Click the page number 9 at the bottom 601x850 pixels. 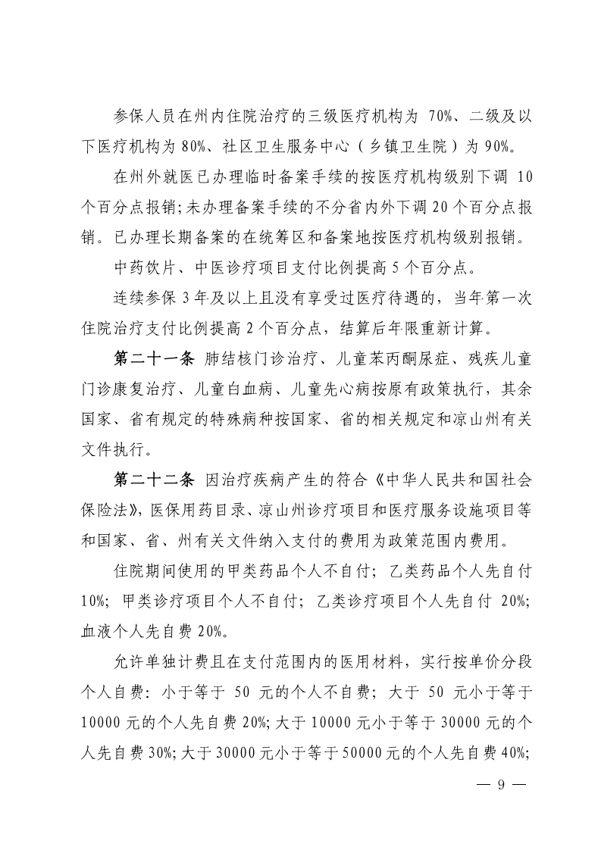(x=499, y=785)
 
